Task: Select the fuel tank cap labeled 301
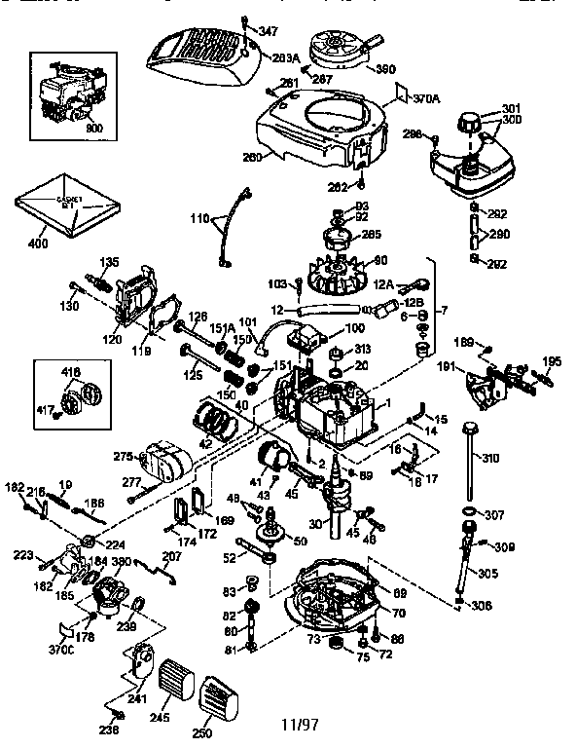(472, 125)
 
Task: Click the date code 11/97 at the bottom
(300, 726)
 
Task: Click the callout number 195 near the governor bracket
(552, 360)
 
